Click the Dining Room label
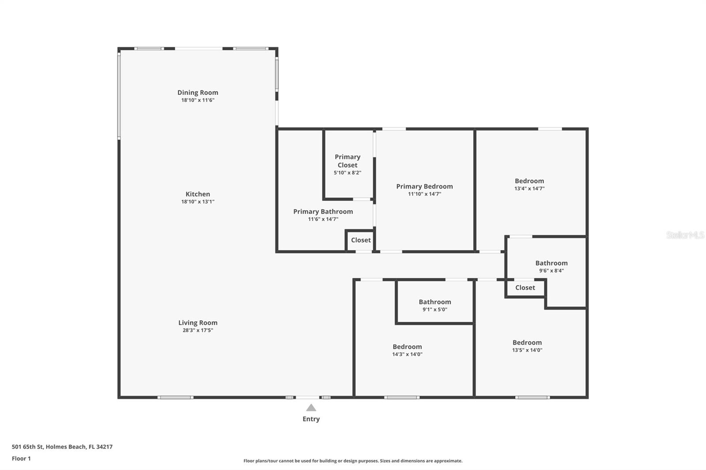coord(198,93)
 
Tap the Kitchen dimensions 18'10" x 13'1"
coord(198,201)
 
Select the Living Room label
coord(198,323)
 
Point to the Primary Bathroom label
coord(323,212)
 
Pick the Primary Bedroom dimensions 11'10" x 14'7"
coord(424,194)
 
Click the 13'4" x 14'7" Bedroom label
coord(529,181)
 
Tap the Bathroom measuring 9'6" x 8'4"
coord(552,263)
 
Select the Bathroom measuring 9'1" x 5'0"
coord(435,302)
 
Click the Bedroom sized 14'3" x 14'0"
coord(407,347)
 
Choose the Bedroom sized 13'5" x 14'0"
coord(527,343)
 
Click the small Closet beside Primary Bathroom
coord(361,240)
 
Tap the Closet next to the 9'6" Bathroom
coord(525,288)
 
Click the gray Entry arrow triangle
coord(311,408)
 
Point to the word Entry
coord(311,419)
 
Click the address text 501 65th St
coord(62,447)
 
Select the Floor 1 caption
coord(21,459)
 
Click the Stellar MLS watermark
coord(685,235)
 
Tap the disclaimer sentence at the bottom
coord(353,461)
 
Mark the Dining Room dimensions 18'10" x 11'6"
coord(198,100)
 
